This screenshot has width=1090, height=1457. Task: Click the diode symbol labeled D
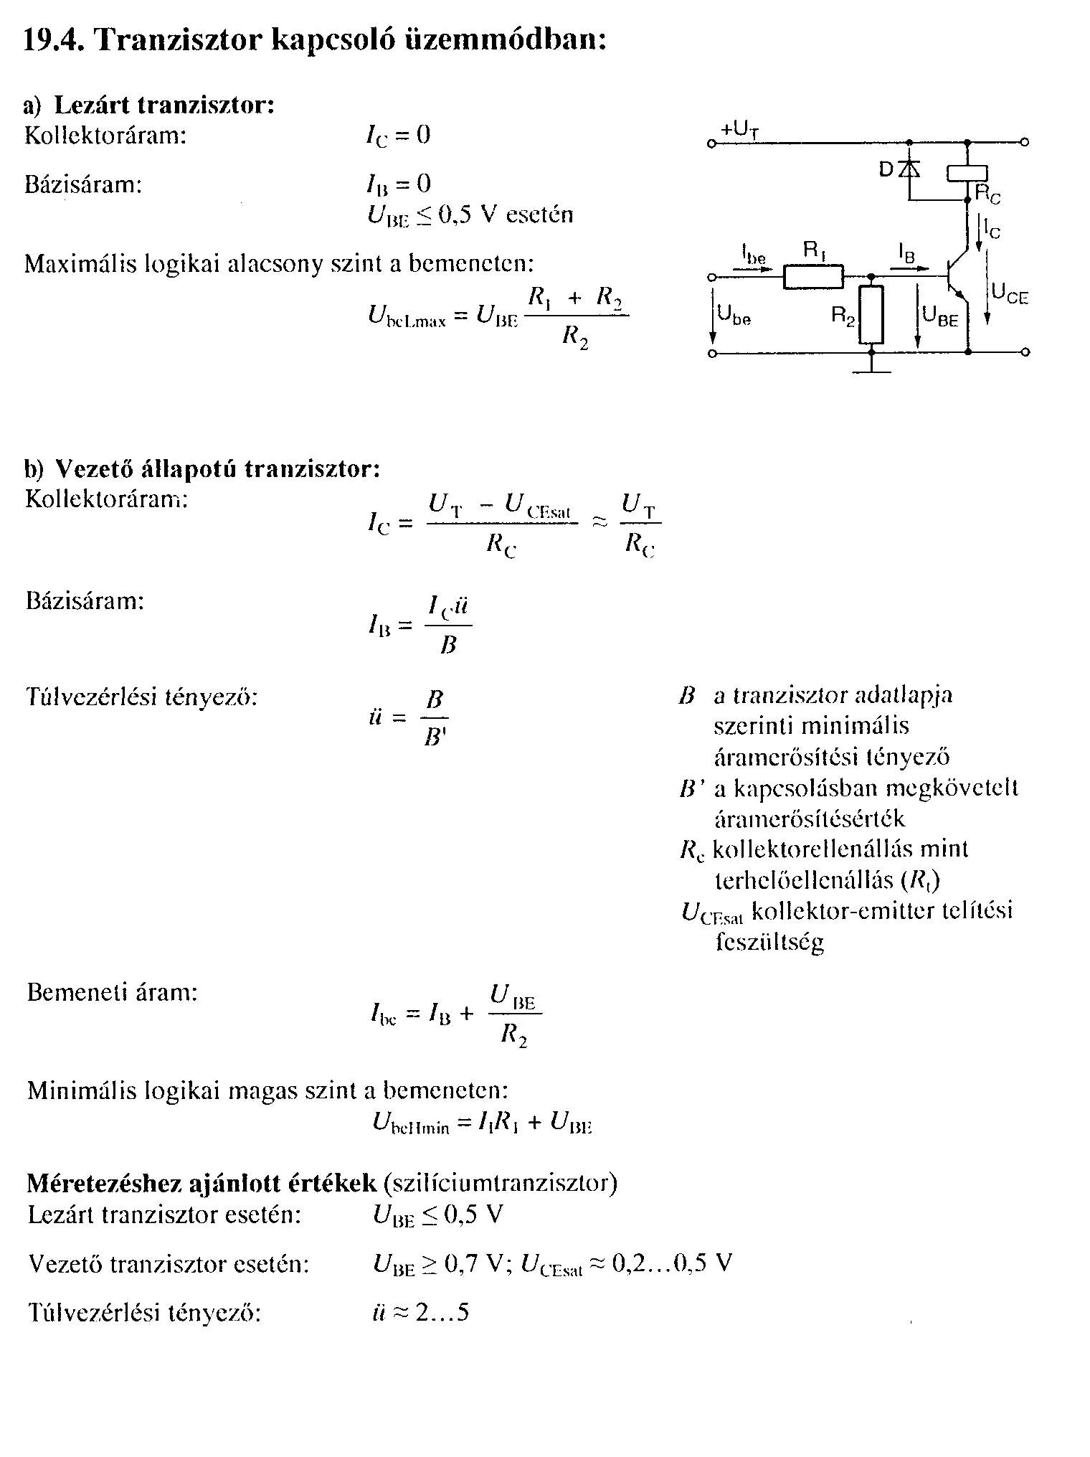tap(910, 169)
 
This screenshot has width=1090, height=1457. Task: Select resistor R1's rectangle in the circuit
tap(812, 276)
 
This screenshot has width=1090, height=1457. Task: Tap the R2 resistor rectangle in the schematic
tap(871, 315)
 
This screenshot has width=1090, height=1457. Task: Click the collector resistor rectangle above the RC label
tap(967, 173)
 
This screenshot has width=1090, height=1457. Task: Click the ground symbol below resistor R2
tap(871, 369)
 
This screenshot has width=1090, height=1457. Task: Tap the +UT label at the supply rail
tap(739, 129)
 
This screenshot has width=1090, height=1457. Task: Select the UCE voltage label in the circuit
tap(1010, 293)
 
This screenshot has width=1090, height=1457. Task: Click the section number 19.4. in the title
tap(54, 39)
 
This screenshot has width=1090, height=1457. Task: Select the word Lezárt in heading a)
tap(93, 105)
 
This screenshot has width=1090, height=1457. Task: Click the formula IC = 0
tap(398, 136)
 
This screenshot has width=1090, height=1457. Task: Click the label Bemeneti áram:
tap(112, 993)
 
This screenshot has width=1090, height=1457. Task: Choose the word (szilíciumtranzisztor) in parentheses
tap(500, 1182)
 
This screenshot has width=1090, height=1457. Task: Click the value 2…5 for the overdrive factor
tap(442, 1312)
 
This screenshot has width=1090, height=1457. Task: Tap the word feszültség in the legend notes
tap(769, 941)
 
